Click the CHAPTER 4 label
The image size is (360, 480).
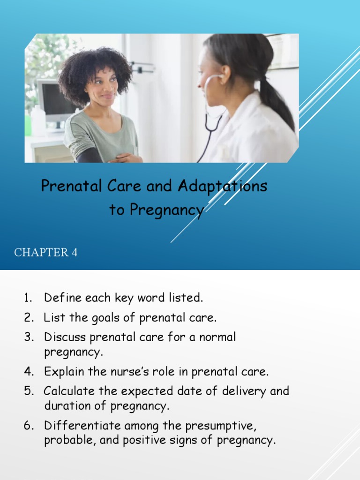pos(46,253)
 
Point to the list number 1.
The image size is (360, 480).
pos(28,297)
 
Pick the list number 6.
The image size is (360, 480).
pos(29,426)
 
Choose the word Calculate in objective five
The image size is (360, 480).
pos(69,391)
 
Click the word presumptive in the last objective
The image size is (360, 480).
pos(221,426)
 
